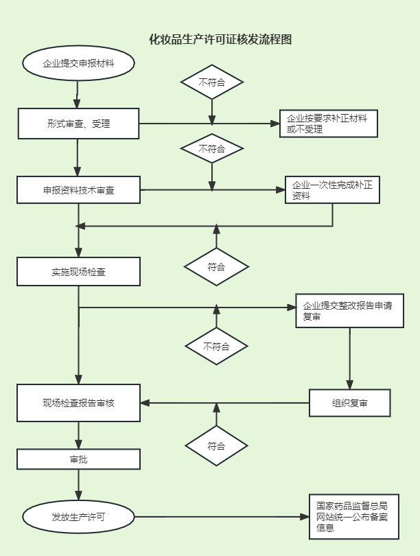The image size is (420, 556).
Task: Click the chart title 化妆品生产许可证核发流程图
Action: click(x=220, y=40)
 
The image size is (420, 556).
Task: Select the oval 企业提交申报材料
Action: click(x=78, y=64)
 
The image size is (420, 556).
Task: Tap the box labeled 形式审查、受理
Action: click(x=78, y=124)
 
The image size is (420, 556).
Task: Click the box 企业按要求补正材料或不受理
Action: click(x=328, y=124)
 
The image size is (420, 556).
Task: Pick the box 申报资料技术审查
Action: click(x=78, y=190)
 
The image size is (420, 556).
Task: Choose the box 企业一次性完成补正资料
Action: click(x=332, y=190)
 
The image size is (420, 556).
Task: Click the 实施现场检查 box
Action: click(x=78, y=271)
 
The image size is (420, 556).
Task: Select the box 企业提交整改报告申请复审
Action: click(x=349, y=311)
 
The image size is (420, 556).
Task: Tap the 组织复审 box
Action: click(x=349, y=403)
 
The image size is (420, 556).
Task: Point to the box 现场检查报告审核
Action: click(x=78, y=403)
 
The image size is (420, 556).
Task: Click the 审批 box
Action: click(x=78, y=459)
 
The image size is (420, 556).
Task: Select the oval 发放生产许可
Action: click(x=78, y=516)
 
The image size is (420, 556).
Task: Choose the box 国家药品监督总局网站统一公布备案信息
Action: click(x=352, y=517)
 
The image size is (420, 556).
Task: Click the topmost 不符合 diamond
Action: click(x=212, y=82)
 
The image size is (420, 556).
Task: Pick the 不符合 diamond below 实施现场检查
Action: click(x=216, y=347)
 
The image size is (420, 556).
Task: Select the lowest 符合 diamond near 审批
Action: click(x=216, y=445)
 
